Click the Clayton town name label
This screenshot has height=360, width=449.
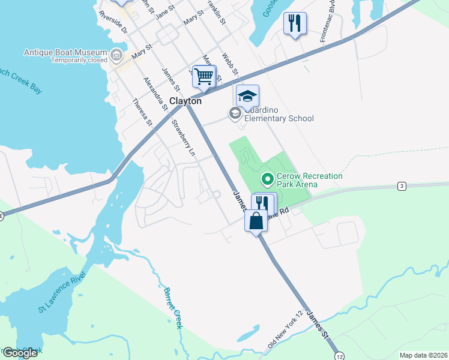coord(185,101)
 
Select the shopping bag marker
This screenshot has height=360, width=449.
coord(256,220)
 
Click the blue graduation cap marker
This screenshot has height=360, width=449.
coord(247,96)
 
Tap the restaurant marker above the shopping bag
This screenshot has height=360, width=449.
coord(265,203)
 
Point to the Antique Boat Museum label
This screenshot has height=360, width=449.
coord(66,53)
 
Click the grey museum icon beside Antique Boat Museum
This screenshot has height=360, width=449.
coord(116,56)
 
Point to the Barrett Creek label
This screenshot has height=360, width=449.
coord(173,307)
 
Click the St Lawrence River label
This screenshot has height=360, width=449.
coord(62,291)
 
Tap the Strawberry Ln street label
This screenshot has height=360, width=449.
coord(183,139)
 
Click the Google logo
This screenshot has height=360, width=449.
coord(19,352)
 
